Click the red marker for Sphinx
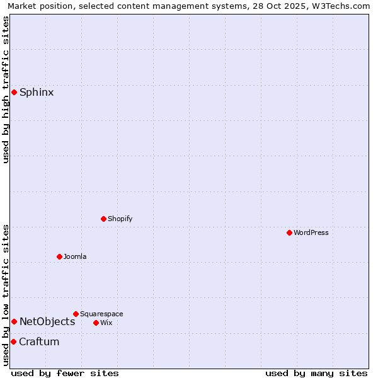pyautogui.click(x=14, y=93)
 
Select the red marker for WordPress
pyautogui.click(x=289, y=233)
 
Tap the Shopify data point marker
pyautogui.click(x=103, y=219)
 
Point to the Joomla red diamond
pyautogui.click(x=59, y=257)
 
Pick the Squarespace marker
pyautogui.click(x=76, y=314)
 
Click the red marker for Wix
pyautogui.click(x=96, y=323)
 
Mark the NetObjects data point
pyautogui.click(x=14, y=322)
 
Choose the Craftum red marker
pyautogui.click(x=13, y=342)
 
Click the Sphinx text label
pyautogui.click(x=37, y=93)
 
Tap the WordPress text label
pyautogui.click(x=311, y=233)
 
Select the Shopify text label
pyautogui.click(x=120, y=219)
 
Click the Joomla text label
pyautogui.click(x=75, y=257)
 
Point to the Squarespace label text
pyautogui.click(x=101, y=314)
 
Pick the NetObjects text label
pyautogui.click(x=47, y=322)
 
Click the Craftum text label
pyautogui.click(x=39, y=342)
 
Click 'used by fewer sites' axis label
pyautogui.click(x=65, y=373)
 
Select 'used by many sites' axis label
pyautogui.click(x=316, y=373)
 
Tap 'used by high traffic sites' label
pyautogui.click(x=6, y=89)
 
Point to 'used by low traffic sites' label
pyautogui.click(x=6, y=295)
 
